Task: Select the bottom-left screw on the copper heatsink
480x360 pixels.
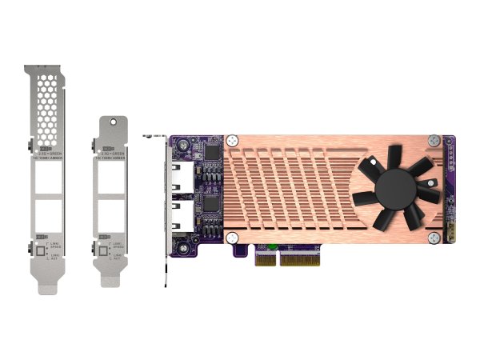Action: click(232, 238)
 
